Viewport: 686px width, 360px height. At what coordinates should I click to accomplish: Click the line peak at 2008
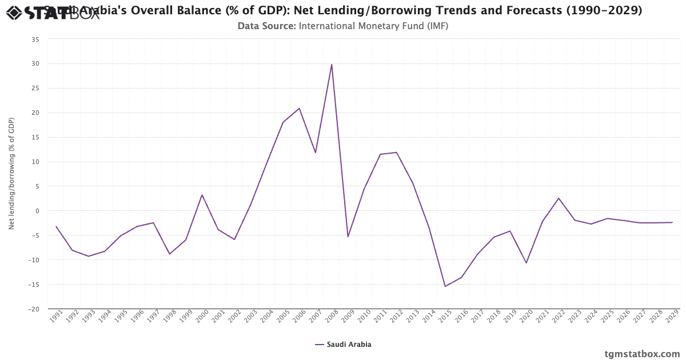click(332, 65)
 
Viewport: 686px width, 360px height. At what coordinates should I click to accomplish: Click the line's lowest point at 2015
click(445, 286)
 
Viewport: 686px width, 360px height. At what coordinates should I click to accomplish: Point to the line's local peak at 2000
click(202, 195)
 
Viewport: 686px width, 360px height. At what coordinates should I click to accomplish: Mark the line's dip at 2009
click(348, 237)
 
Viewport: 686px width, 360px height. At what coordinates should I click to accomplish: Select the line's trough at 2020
click(526, 263)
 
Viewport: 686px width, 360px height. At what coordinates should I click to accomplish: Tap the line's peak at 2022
click(559, 198)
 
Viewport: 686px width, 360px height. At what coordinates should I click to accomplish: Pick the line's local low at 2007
click(315, 153)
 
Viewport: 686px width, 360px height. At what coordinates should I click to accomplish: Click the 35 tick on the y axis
click(35, 39)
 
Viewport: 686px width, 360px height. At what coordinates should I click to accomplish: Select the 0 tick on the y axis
click(37, 211)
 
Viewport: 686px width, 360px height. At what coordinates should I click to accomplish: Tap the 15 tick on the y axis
click(35, 137)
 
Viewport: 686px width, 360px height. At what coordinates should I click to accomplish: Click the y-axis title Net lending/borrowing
click(11, 174)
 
